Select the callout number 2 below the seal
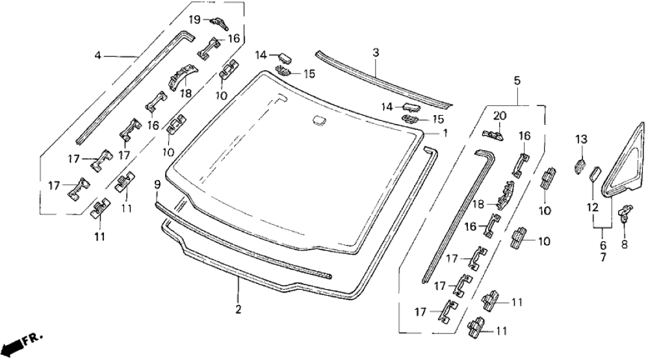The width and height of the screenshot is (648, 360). [239, 309]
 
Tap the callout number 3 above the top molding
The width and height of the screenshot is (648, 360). [376, 52]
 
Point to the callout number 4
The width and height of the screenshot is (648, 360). [98, 56]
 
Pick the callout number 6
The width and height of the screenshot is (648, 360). [603, 246]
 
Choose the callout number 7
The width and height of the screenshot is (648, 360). [603, 258]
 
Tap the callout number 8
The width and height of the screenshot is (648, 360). [626, 246]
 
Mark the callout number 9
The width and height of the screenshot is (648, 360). [157, 185]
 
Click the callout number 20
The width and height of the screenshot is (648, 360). [499, 116]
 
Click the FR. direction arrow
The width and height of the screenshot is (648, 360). [23, 341]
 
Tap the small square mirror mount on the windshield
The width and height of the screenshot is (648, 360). [318, 119]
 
